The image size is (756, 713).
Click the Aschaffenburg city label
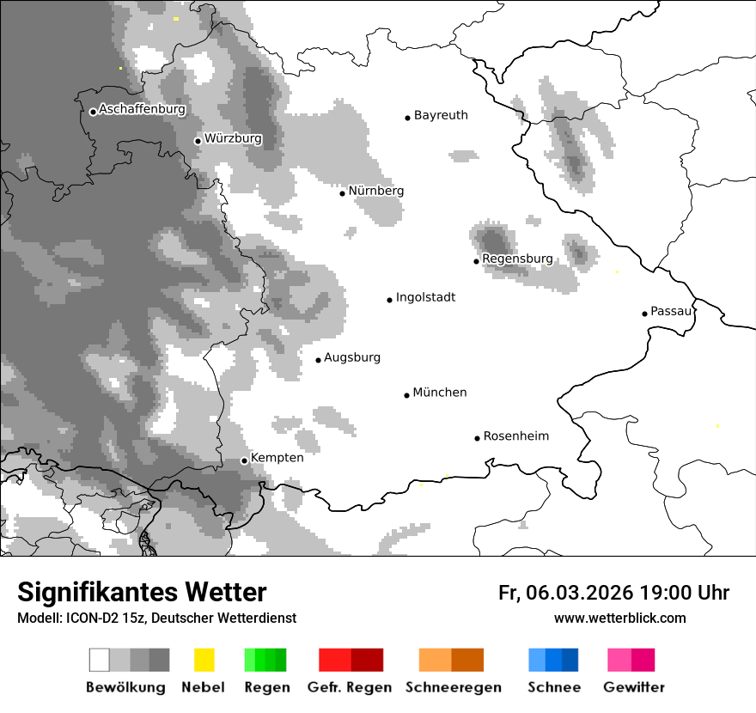coord(142,109)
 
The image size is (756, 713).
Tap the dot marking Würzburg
coord(198,141)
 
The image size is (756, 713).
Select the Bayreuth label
coord(441,115)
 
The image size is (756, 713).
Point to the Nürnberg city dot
coord(342,193)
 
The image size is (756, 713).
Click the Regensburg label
coord(517,259)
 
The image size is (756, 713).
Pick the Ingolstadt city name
coord(425,297)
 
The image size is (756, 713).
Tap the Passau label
coord(671,311)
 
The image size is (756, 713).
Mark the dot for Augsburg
coord(318,360)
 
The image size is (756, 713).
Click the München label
coord(440,393)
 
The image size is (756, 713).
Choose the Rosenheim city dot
coord(477,438)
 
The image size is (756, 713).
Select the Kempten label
coord(277,458)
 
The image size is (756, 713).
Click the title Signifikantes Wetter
coord(142,592)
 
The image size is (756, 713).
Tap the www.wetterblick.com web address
coord(619,618)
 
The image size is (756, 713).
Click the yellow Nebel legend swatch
coord(204,660)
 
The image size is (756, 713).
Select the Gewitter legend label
coord(633,687)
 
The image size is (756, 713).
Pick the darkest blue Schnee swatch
coord(570,660)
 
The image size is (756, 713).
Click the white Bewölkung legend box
coord(99,660)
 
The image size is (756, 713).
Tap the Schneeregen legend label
coord(453,687)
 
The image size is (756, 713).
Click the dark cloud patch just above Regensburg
coord(492,239)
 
